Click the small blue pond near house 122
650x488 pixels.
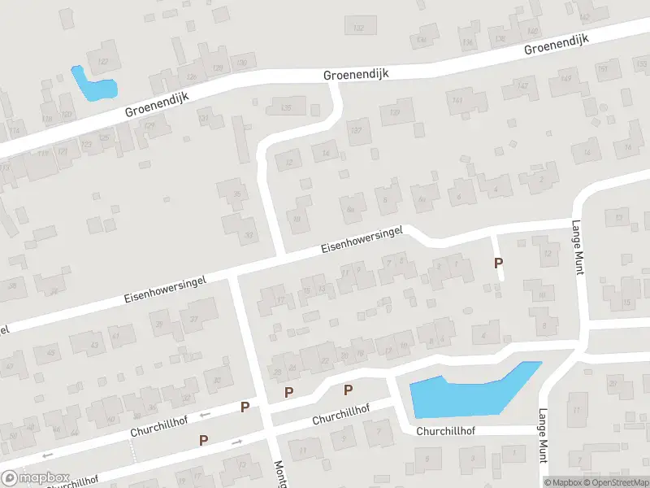92,85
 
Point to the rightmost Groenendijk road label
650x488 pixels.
557,44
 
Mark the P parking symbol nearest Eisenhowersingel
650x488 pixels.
499,263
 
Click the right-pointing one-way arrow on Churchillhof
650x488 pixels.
236,442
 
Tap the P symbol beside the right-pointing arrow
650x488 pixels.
204,440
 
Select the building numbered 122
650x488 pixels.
103,59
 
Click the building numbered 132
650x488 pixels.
358,27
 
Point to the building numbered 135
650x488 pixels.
286,106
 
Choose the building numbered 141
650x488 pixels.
457,101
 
